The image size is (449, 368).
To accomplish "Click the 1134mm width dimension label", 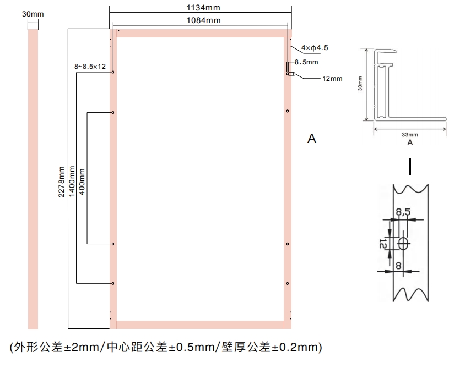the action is coord(203,8).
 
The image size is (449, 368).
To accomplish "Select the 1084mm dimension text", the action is coord(204,20).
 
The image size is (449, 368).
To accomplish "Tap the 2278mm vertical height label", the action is coord(61,182).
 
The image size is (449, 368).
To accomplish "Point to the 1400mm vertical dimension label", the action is coord(72,182).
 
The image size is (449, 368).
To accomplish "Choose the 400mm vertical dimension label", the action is coord(82,182).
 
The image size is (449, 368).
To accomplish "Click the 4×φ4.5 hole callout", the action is coord(315,48).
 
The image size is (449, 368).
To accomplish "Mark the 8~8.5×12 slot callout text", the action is coord(90,67).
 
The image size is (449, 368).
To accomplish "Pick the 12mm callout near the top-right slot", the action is coord(332,79).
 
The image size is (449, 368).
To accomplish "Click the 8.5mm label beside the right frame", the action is coord(306,62).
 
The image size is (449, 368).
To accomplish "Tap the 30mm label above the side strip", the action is coord(33,14).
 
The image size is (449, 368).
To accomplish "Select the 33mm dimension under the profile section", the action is coord(410,134).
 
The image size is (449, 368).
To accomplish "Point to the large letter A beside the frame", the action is coord(312,139).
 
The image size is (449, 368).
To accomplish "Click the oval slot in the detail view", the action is coord(403,243).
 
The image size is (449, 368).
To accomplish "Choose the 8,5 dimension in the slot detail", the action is coord(403,212).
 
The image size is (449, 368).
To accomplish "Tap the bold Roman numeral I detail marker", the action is coord(410,167).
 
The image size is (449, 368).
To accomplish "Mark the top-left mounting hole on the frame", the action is coord(113,72).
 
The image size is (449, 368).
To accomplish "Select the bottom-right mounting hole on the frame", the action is coord(288,283).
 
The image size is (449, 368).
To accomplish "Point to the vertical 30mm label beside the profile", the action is coord(360,84).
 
